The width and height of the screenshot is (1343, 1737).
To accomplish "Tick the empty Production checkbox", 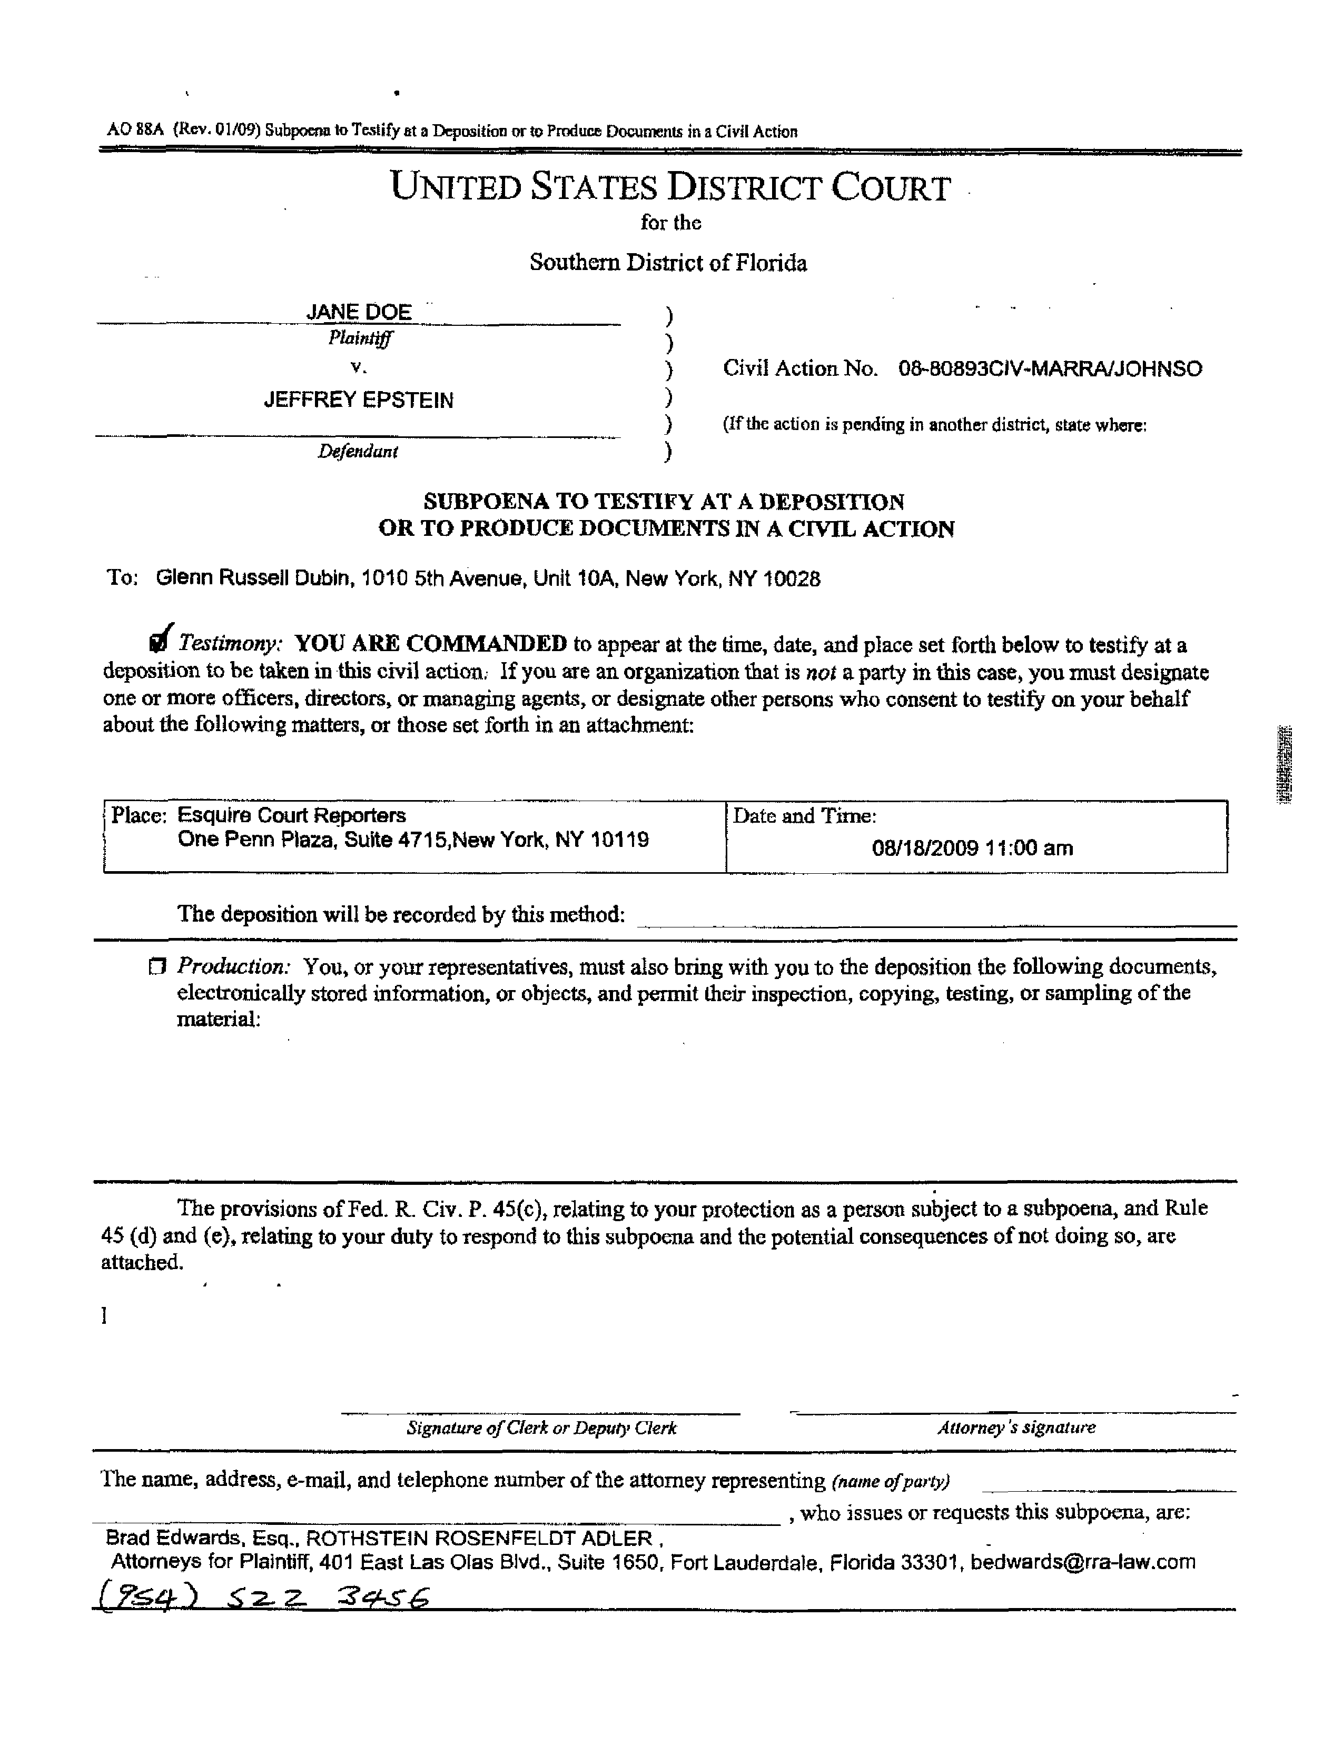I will (156, 967).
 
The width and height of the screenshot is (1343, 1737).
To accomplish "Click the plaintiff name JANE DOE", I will (359, 312).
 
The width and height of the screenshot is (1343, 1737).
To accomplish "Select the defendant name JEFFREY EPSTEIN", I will (359, 400).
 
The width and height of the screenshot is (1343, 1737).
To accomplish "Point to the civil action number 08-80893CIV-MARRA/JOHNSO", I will (1050, 369).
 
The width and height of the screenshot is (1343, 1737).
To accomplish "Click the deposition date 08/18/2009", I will (924, 848).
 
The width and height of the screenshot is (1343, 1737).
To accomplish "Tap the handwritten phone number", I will (263, 1596).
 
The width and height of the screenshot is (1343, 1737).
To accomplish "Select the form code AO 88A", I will (135, 131).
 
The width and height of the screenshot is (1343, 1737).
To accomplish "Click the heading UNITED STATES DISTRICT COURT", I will (670, 188).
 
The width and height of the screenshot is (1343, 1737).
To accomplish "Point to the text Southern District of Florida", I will (668, 263).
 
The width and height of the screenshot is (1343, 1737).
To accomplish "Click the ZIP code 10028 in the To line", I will (791, 579).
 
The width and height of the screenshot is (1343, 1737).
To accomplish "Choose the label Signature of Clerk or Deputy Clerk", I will (541, 1427).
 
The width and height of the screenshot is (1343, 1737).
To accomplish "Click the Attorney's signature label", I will (1015, 1427).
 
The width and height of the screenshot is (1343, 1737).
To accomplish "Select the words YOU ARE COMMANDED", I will (430, 643).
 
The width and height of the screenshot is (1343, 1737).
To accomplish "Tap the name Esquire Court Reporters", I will (291, 815).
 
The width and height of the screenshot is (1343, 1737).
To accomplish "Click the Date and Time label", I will (804, 816).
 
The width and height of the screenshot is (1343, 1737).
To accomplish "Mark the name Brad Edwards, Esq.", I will (202, 1538).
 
